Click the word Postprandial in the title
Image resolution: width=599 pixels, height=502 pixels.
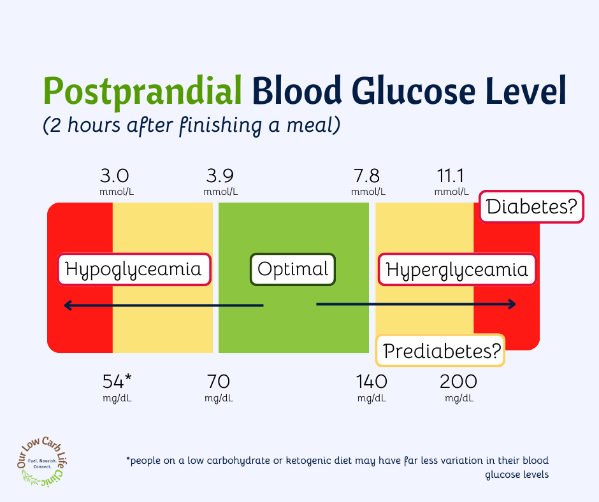point(143,91)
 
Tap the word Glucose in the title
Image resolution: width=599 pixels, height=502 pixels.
point(414,90)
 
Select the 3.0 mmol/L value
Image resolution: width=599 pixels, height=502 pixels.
point(117,182)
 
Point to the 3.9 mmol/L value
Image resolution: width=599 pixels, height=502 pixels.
point(220,182)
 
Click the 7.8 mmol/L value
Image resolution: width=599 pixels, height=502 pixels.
point(368,182)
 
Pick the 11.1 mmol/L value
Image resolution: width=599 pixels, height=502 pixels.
point(451,182)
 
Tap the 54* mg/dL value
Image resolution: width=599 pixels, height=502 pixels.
point(117,388)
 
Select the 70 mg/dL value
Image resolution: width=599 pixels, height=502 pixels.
point(219,388)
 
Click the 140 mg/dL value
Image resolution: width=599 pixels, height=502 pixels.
point(372,388)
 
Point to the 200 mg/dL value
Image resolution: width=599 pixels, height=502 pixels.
point(459,388)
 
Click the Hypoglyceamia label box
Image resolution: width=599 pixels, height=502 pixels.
point(134,269)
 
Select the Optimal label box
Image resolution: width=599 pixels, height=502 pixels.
point(292,269)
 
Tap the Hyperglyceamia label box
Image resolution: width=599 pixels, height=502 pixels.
point(457,269)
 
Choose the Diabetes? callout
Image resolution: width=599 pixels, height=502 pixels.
point(531,206)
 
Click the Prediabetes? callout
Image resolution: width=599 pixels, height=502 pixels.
point(440,351)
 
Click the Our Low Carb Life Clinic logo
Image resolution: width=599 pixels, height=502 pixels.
point(42,461)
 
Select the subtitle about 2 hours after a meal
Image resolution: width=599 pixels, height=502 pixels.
point(191,125)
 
